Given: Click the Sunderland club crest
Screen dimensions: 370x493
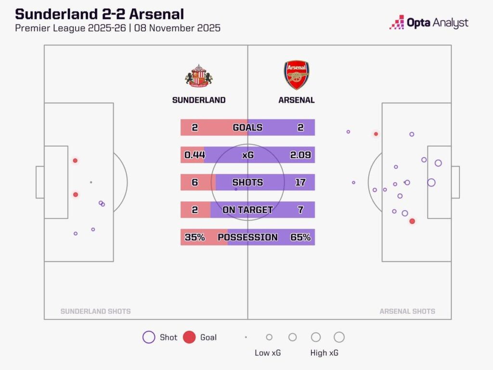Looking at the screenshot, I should tap(199, 76).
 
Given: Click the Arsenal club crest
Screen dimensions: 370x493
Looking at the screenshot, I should tap(296, 75).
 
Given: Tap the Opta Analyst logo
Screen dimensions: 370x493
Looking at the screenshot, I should tap(428, 23).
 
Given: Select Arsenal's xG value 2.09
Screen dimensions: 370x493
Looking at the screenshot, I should tap(300, 155).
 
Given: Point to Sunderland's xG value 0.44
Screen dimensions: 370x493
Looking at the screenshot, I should tap(195, 155).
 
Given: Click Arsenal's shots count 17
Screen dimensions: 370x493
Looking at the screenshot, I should tap(300, 183).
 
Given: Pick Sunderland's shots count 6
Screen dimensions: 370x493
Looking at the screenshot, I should tap(195, 183).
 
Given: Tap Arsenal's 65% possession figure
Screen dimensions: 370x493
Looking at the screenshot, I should tap(300, 238).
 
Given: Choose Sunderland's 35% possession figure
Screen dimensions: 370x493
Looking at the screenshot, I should tap(195, 238).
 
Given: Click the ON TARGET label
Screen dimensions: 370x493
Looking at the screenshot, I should tap(247, 210).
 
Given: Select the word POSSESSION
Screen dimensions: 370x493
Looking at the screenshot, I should tap(247, 238).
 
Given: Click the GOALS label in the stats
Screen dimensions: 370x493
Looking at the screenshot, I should tap(247, 128).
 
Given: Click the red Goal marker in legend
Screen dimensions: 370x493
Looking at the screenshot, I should tap(190, 337).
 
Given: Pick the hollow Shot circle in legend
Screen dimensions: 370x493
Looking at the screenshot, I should tap(149, 337).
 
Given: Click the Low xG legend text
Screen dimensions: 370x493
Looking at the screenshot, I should tap(268, 353).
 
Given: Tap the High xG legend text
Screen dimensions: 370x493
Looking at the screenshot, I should tap(324, 353).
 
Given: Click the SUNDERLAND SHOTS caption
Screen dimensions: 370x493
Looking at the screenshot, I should tap(95, 312).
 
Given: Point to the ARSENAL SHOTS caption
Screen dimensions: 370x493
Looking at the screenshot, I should tap(407, 312).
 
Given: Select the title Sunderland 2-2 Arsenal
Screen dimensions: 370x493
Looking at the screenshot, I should tap(99, 13).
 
